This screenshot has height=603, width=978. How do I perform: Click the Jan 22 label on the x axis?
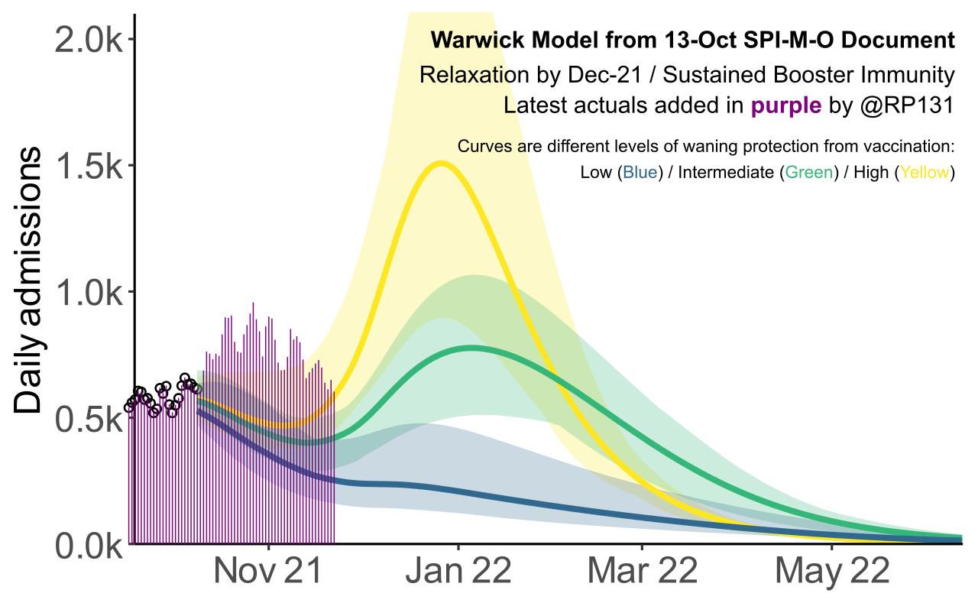tap(458, 572)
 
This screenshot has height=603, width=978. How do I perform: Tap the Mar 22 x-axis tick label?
tap(643, 572)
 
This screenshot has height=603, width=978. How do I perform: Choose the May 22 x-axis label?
tap(832, 572)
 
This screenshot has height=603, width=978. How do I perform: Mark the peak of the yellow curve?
tap(441, 163)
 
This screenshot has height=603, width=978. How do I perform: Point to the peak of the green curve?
tap(471, 348)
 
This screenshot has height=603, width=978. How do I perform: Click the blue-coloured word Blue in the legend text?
tap(640, 173)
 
